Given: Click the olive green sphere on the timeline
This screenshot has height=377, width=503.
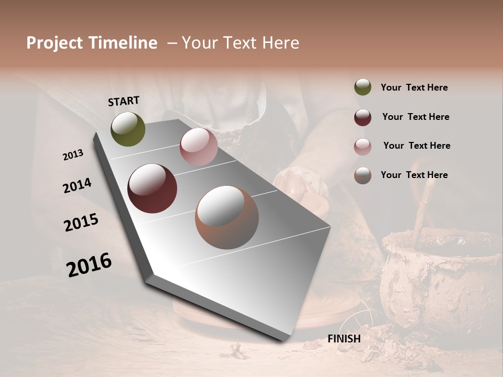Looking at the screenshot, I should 128,129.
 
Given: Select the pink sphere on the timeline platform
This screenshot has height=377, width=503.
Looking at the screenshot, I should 199,147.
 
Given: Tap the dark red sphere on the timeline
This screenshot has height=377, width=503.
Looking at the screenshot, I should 152,188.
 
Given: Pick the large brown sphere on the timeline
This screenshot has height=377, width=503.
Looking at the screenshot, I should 227,217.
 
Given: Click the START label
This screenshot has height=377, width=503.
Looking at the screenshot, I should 124,101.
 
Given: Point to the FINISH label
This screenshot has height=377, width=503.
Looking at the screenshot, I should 344,339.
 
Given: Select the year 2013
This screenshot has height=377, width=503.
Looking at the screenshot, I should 73,155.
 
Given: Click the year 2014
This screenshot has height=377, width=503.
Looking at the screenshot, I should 77,185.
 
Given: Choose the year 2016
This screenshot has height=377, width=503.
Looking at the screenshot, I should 89,265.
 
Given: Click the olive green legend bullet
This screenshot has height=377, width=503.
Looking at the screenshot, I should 363,87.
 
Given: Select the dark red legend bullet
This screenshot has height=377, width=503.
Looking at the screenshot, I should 363,117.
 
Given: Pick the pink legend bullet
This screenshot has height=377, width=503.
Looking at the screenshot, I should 363,147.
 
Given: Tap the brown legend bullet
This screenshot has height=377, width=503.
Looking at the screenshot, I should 363,175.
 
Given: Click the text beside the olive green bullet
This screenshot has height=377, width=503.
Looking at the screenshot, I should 414,87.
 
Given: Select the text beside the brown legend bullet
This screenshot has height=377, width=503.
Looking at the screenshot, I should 414,175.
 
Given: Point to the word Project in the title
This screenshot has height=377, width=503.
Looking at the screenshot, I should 54,43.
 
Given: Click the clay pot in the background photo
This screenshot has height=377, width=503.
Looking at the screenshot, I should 440,278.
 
